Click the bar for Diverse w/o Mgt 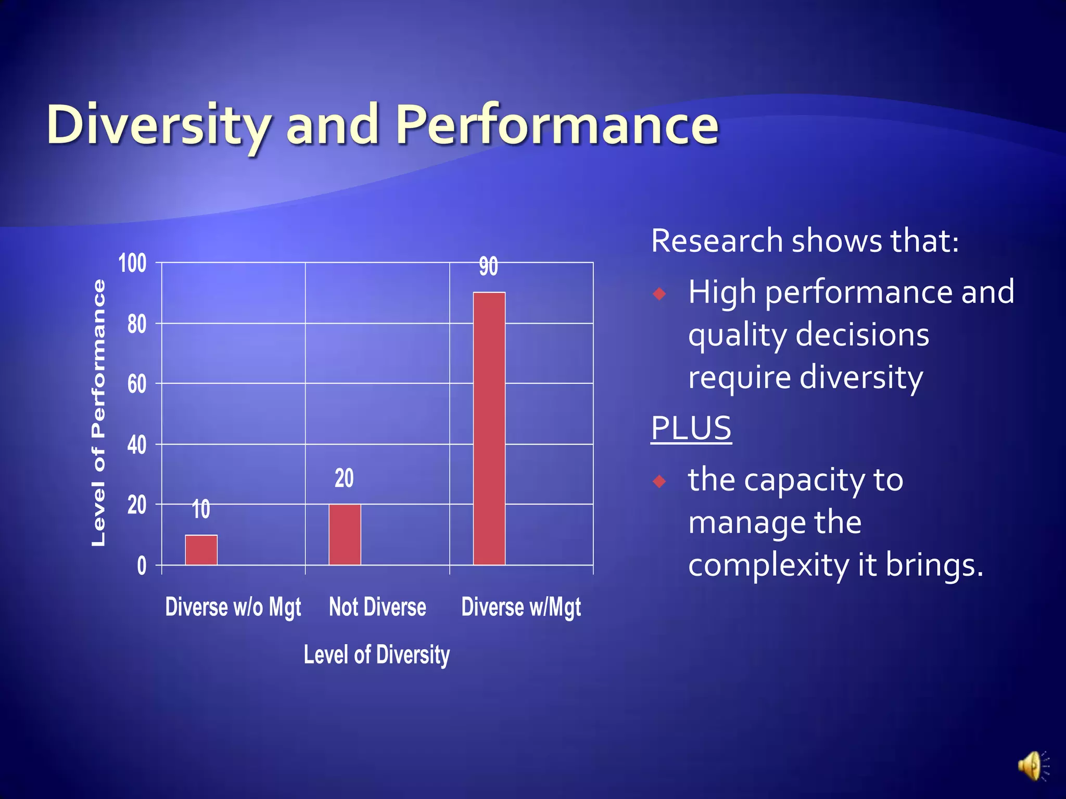click(x=201, y=550)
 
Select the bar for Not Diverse click(x=345, y=534)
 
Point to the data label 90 click(x=488, y=266)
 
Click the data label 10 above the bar click(x=201, y=509)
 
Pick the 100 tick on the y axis click(x=132, y=263)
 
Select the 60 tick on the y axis click(x=137, y=384)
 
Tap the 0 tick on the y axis click(x=142, y=566)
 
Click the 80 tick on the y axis click(x=137, y=324)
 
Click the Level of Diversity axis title click(x=376, y=654)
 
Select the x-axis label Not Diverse click(x=377, y=607)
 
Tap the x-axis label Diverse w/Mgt click(x=521, y=607)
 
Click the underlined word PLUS click(x=691, y=428)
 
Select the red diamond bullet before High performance click(x=659, y=294)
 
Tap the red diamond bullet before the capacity click(x=659, y=481)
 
